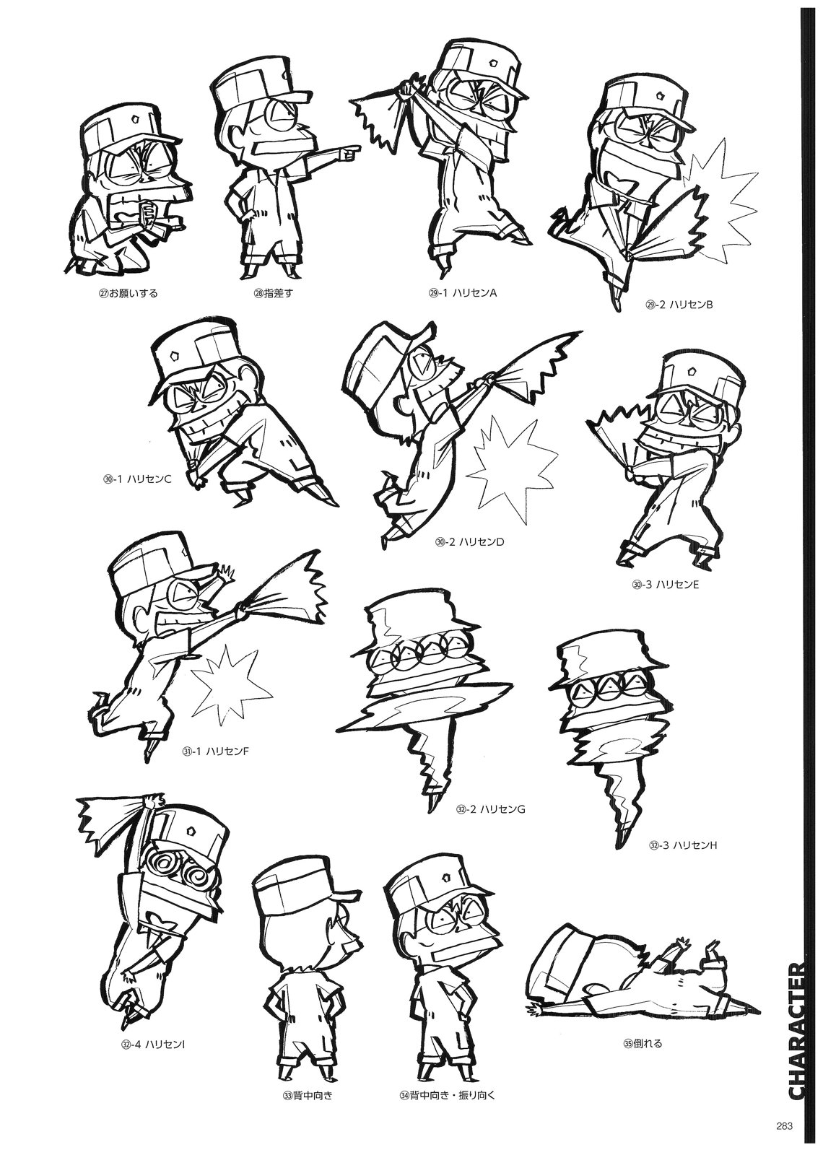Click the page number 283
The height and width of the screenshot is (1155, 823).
pos(783,1125)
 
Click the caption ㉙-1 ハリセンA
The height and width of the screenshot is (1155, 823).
pos(461,293)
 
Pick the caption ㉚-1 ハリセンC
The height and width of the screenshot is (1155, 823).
pos(136,479)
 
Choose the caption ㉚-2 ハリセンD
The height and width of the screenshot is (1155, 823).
pos(469,542)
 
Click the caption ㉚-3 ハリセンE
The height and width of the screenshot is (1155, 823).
pos(665,584)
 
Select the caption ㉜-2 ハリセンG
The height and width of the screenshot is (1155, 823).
pos(490,824)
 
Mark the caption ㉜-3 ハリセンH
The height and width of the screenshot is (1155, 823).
pos(683,860)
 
